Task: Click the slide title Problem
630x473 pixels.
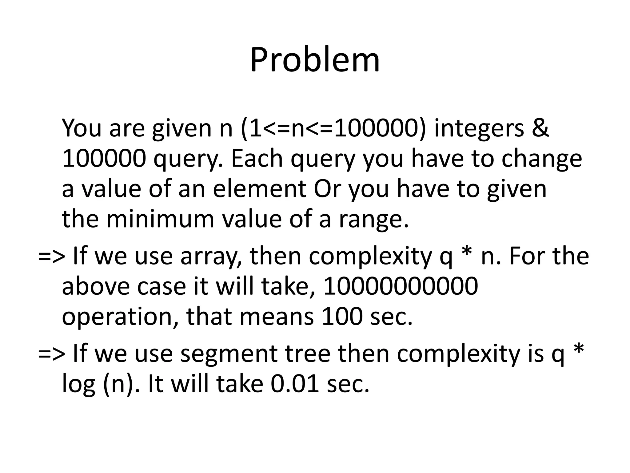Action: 315,60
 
